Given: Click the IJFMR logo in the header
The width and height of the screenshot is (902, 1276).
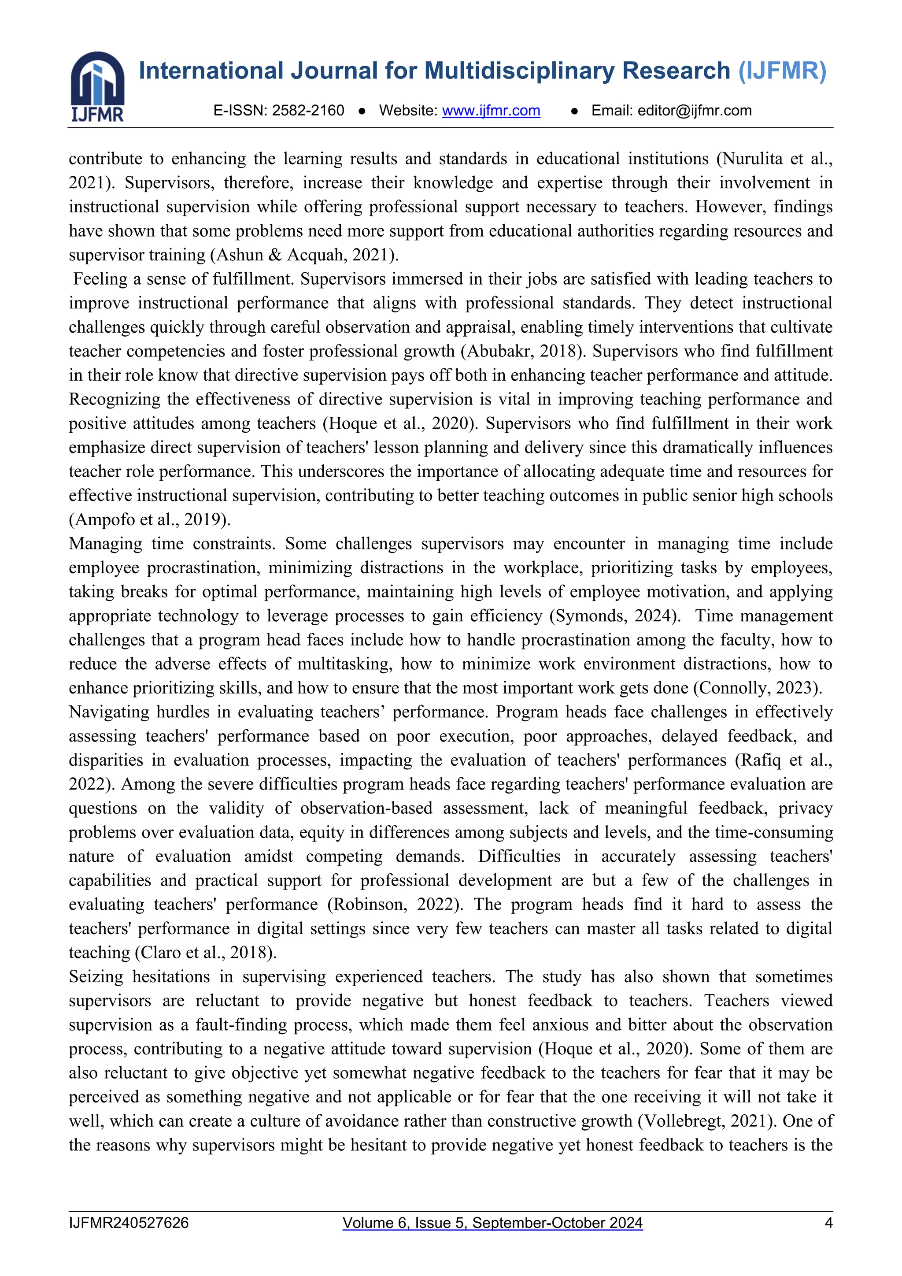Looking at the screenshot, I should [x=97, y=87].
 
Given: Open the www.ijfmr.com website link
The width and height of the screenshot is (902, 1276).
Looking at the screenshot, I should [x=491, y=111].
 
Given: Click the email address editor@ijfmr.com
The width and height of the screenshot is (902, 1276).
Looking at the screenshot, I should [x=694, y=111].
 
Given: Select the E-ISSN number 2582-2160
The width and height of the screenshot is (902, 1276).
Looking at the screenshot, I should [x=308, y=111].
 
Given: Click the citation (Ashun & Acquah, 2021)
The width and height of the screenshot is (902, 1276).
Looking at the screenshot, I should [x=304, y=255].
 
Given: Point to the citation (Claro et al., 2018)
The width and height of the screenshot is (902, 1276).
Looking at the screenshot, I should [x=206, y=953].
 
